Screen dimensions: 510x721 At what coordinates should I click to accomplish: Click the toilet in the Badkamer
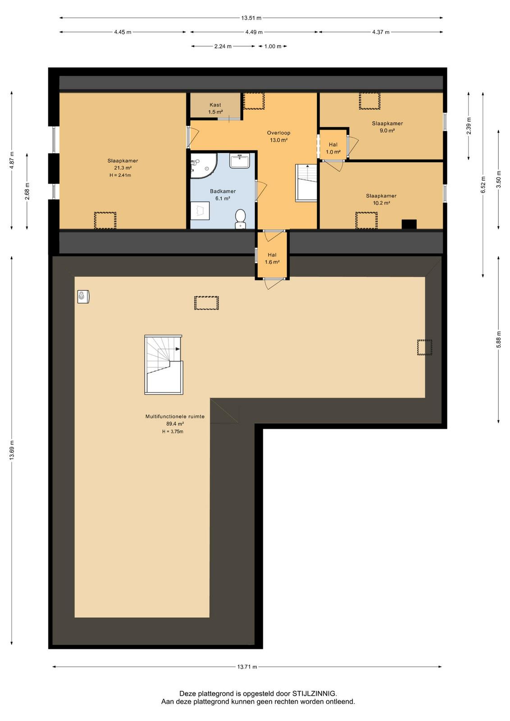tap(240, 219)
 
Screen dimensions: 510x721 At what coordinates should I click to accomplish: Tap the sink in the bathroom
tap(239, 161)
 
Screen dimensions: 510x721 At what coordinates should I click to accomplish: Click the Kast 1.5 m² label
tap(215, 109)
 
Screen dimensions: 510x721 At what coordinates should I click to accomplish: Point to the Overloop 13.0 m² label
tap(278, 137)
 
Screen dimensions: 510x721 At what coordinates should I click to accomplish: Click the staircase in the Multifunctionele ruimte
tap(164, 365)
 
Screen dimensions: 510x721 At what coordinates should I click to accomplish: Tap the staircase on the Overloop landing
tap(306, 183)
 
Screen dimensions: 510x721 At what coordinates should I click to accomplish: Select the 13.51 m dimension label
tap(251, 18)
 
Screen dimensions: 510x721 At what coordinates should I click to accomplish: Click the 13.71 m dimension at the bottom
tap(247, 666)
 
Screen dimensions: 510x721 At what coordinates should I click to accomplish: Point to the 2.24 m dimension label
tap(223, 46)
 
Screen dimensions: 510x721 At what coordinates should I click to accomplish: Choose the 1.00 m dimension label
tap(273, 46)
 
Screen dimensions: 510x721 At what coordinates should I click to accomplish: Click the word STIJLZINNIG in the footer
tap(314, 694)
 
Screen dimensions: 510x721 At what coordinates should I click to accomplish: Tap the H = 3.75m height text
tap(173, 432)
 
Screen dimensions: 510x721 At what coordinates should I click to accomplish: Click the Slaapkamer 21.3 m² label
tap(123, 164)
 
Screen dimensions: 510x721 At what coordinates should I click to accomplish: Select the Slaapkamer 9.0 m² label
tap(387, 127)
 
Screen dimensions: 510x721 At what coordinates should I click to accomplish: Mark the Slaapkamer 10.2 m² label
tap(381, 199)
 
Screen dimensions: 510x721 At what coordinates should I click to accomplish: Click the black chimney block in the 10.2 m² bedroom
tap(409, 224)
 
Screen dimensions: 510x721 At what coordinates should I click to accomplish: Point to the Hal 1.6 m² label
tap(272, 259)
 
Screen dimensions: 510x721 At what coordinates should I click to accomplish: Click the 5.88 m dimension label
tap(498, 340)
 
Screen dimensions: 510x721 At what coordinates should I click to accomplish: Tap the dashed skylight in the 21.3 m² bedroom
tap(105, 220)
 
